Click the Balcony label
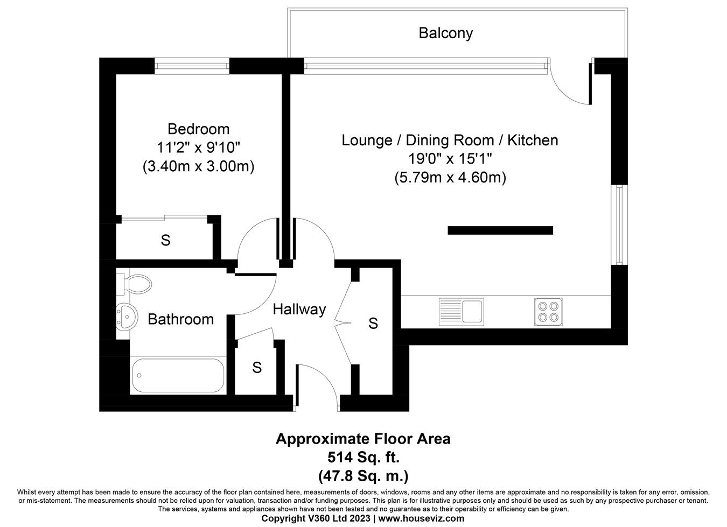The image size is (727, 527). click(445, 33)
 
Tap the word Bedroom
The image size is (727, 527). click(198, 129)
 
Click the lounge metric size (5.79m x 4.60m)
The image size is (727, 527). click(450, 178)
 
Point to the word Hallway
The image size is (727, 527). click(299, 310)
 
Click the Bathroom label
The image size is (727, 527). click(180, 319)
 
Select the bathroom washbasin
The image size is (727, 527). click(125, 317)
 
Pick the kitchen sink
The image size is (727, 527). click(461, 312)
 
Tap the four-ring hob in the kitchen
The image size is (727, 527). click(548, 312)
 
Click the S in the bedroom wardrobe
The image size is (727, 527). click(165, 241)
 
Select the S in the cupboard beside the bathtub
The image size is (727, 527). click(257, 368)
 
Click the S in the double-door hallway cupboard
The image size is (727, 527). click(373, 324)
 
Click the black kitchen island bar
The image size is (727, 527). click(500, 230)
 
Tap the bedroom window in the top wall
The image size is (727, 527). click(192, 66)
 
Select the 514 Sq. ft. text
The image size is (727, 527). click(363, 458)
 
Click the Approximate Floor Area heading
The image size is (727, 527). click(363, 439)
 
